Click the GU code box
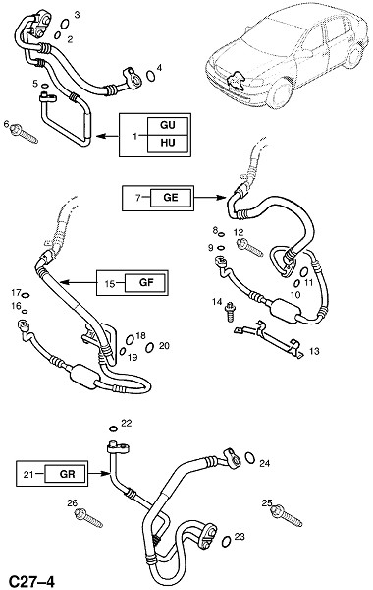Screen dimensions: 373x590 point(167,126)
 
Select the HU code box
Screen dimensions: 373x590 point(167,144)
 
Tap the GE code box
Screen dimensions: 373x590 point(171,198)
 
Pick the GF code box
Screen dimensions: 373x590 point(145,282)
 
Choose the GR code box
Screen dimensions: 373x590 point(66,473)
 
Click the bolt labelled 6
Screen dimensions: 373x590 point(25,134)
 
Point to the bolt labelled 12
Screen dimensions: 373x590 point(249,247)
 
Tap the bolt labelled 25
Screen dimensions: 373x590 point(287,516)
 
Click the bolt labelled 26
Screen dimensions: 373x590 point(88,518)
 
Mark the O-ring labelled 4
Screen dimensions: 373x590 point(150,76)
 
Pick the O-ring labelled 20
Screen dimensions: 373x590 point(149,348)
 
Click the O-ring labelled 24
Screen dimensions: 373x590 point(249,457)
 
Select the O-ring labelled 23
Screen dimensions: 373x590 point(226,541)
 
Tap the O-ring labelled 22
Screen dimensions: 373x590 point(113,428)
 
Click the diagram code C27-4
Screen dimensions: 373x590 point(32,581)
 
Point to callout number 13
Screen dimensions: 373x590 point(314,351)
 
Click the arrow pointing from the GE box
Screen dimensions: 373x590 point(210,198)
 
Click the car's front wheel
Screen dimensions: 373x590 point(281,93)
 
